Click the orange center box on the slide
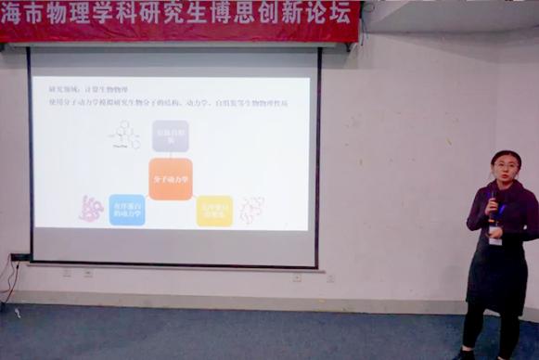click(x=171, y=178)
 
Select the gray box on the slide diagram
click(x=171, y=135)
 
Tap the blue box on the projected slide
click(x=126, y=210)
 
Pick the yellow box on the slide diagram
click(x=214, y=211)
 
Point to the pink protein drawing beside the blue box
click(x=91, y=208)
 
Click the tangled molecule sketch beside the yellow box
click(x=251, y=210)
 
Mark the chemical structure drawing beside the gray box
click(x=124, y=136)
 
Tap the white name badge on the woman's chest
click(x=495, y=235)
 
